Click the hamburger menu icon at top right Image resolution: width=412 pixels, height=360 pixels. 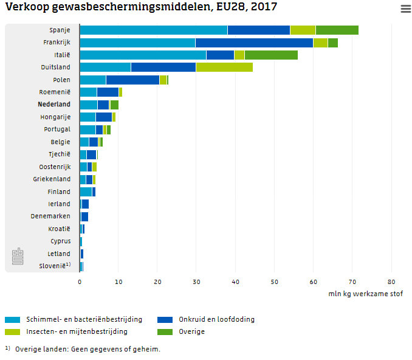tap(405, 9)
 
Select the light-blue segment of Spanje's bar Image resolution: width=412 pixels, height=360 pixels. tap(154, 30)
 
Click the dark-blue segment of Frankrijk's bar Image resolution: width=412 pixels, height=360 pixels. tap(254, 43)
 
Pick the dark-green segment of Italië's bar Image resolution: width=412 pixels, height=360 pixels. tap(271, 55)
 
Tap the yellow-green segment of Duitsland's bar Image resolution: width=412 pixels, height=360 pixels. tap(224, 67)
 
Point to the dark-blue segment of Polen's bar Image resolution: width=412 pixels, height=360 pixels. tap(132, 80)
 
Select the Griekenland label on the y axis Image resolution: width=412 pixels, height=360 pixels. tap(52, 179)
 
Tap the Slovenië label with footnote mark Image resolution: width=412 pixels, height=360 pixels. tap(55, 266)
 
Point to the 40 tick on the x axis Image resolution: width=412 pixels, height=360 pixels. tap(236, 282)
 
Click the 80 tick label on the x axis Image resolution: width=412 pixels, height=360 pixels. tap(391, 282)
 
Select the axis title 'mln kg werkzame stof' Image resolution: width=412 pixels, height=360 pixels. tap(366, 293)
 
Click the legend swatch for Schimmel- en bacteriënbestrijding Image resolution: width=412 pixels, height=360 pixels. tap(13, 319)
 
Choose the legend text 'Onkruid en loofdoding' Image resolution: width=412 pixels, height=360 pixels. tap(216, 319)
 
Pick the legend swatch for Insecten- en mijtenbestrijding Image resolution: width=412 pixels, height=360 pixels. tap(13, 331)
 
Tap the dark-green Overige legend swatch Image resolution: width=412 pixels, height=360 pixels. tap(165, 331)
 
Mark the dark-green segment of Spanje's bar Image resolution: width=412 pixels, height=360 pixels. tap(337, 30)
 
